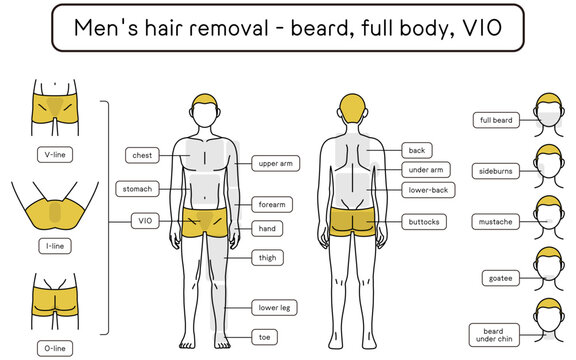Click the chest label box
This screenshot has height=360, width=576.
click(x=142, y=155)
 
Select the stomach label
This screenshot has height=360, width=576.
click(x=137, y=188)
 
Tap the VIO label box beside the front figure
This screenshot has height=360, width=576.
click(x=144, y=220)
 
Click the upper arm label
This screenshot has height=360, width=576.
click(x=275, y=163)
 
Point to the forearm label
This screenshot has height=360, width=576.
click(x=272, y=204)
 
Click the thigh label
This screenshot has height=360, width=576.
click(x=267, y=258)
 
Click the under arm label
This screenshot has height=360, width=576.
click(x=427, y=170)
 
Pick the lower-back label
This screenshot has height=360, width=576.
click(x=428, y=189)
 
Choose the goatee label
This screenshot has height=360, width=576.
click(x=497, y=277)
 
